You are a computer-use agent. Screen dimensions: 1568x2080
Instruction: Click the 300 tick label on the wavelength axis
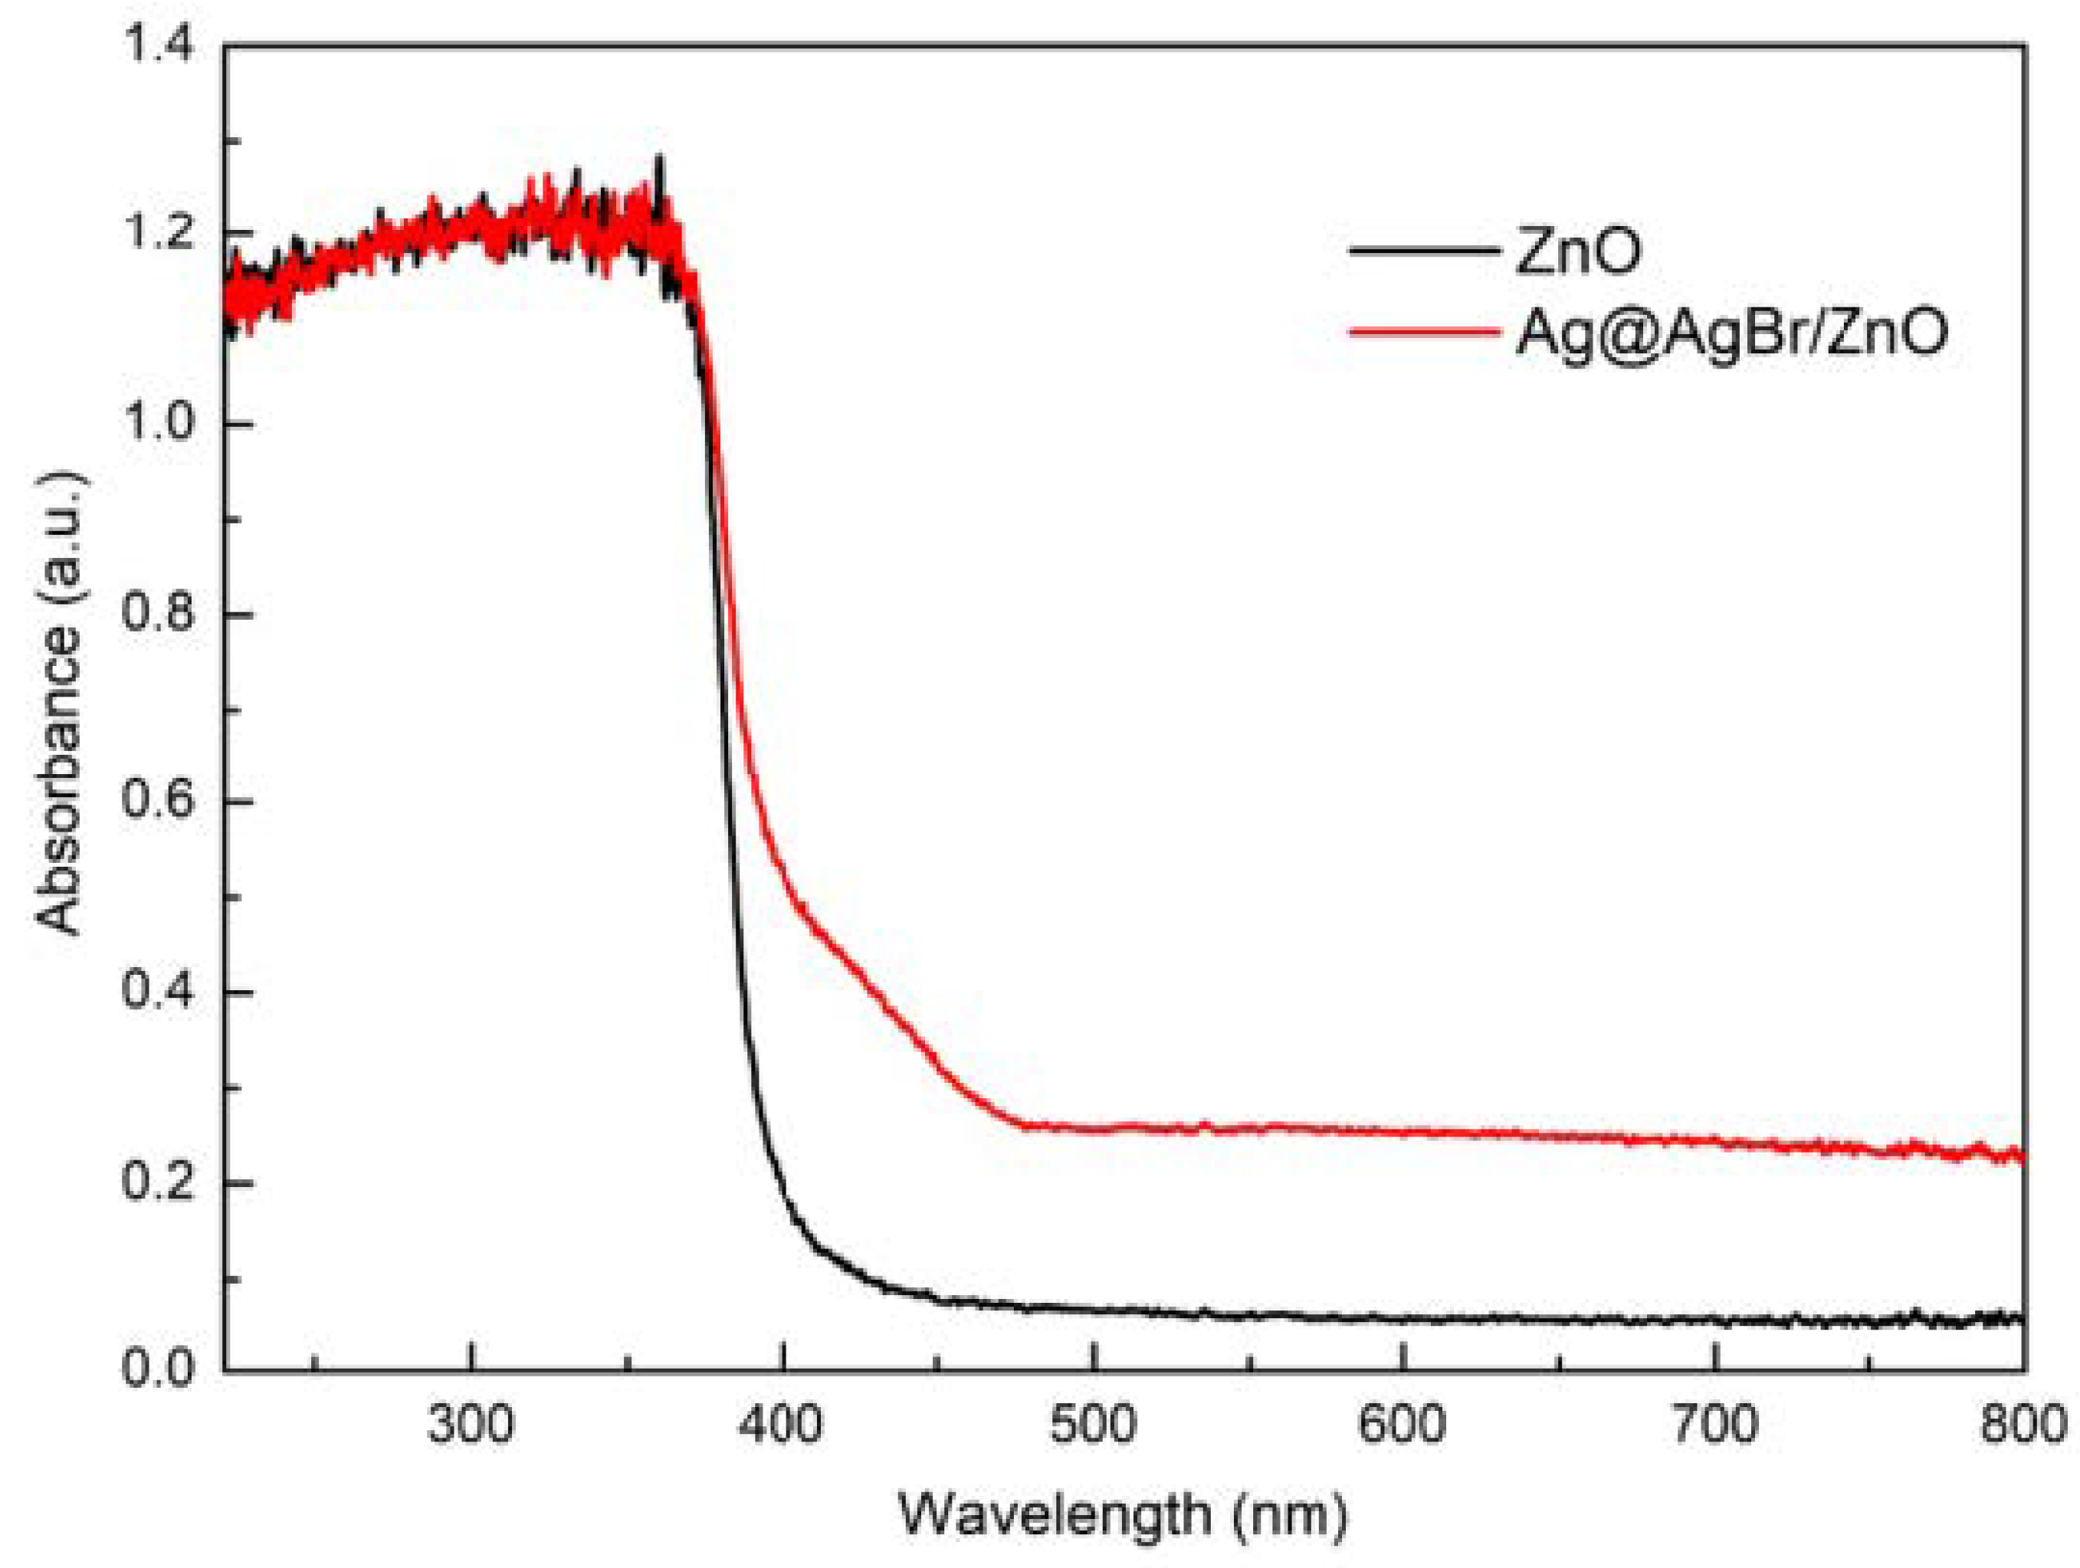(x=470, y=1425)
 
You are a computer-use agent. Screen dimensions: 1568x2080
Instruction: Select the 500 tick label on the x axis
(x=1094, y=1425)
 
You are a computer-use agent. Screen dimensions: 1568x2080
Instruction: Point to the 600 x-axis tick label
(x=1403, y=1425)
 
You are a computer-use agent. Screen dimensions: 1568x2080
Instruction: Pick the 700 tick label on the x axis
(x=1715, y=1425)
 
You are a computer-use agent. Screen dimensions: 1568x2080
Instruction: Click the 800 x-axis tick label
(x=2022, y=1425)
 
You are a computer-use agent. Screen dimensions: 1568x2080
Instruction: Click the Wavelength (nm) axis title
(x=1124, y=1515)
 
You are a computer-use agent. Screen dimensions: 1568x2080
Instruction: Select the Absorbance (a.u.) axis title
(x=61, y=705)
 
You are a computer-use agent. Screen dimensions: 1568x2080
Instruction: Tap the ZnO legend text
(x=1579, y=251)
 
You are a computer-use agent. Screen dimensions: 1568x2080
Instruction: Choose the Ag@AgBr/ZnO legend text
(x=1731, y=332)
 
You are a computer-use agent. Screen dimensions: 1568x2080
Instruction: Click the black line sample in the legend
(x=1424, y=251)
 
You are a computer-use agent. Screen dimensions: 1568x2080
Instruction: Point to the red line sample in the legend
(x=1424, y=331)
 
